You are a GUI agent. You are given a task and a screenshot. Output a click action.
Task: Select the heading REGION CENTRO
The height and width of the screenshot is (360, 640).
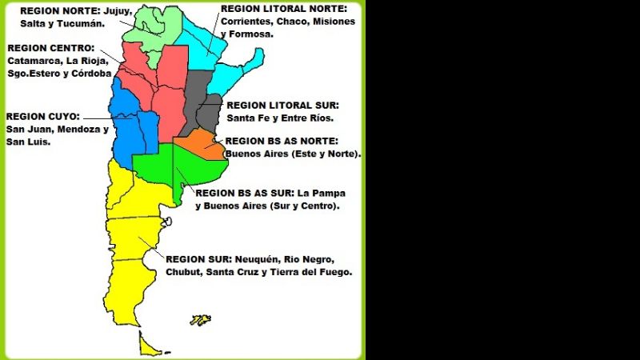tap(50, 48)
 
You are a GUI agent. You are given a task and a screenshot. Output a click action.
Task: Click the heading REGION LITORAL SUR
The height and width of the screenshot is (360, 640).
tap(282, 106)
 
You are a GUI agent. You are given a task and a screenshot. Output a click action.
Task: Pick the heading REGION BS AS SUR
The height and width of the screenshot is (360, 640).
tap(244, 193)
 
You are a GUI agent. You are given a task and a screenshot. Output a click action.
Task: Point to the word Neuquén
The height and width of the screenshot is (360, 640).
tap(257, 260)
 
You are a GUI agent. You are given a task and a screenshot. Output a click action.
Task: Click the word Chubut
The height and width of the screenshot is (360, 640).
tap(183, 273)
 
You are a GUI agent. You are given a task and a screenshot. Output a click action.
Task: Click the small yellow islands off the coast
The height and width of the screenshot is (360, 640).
tap(199, 320)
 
